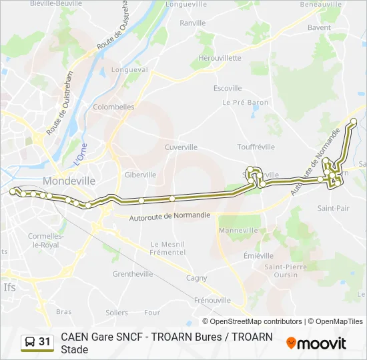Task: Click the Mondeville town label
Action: pyautogui.click(x=69, y=181)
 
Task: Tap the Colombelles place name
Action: pyautogui.click(x=114, y=107)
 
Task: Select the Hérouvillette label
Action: pyautogui.click(x=220, y=58)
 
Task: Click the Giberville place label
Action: pyautogui.click(x=140, y=175)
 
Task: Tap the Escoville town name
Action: pyautogui.click(x=228, y=88)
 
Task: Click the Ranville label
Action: pyautogui.click(x=193, y=23)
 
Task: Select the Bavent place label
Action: pyautogui.click(x=319, y=28)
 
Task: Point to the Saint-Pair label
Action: pyautogui.click(x=333, y=208)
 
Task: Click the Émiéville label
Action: pyautogui.click(x=258, y=255)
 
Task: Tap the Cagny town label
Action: pyautogui.click(x=196, y=278)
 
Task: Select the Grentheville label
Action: pyautogui.click(x=133, y=274)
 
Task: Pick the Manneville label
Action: pyautogui.click(x=234, y=230)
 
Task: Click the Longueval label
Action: pyautogui.click(x=129, y=69)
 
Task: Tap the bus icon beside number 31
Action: pyautogui.click(x=30, y=342)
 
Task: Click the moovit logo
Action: pyautogui.click(x=316, y=343)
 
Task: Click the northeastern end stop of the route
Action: pyautogui.click(x=354, y=121)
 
